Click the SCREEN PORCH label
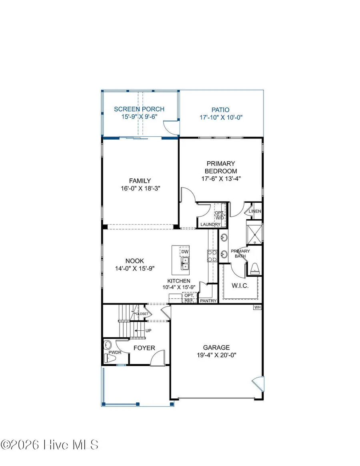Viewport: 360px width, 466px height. (139, 109)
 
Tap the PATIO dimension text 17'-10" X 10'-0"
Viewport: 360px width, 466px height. (221, 118)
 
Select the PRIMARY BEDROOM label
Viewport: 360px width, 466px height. (221, 167)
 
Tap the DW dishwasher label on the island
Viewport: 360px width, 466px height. (184, 252)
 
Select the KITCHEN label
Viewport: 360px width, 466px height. (179, 281)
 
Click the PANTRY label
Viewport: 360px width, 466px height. (208, 300)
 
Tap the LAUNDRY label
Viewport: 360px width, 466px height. (210, 225)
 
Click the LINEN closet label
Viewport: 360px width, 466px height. (255, 211)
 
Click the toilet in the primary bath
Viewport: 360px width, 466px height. (254, 270)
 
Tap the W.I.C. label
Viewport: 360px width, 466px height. (240, 286)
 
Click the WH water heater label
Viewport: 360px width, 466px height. (257, 308)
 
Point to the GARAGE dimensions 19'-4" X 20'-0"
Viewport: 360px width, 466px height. (216, 355)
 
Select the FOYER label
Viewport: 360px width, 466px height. (144, 348)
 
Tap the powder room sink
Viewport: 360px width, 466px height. (107, 345)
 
